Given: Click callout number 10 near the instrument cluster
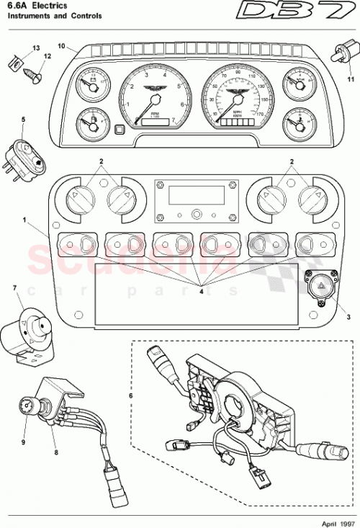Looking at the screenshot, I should [62, 47].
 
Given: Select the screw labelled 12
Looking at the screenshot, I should [35, 72].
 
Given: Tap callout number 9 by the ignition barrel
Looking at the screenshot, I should [23, 443].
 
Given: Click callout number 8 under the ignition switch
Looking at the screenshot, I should [55, 453].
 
